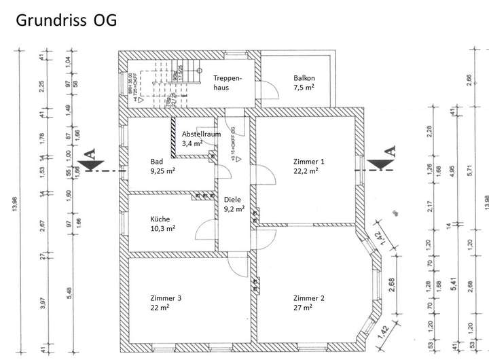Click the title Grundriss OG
click(65, 20)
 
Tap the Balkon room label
click(304, 78)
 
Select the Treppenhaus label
click(227, 83)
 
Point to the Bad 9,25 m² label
click(163, 166)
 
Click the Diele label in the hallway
click(233, 200)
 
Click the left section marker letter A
click(91, 155)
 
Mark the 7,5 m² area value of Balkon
click(303, 88)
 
